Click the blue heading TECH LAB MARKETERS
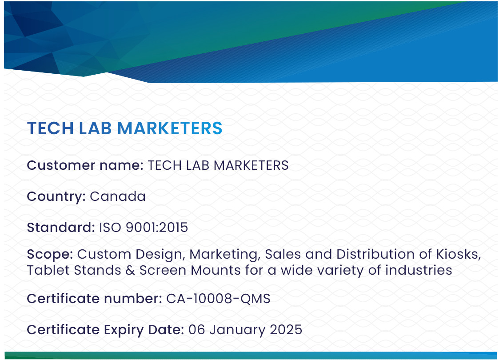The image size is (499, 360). [124, 128]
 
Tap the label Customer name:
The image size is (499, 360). [85, 165]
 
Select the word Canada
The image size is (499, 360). [118, 196]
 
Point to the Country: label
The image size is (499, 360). [56, 196]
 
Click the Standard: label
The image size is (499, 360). [61, 228]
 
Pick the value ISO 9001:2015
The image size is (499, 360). [144, 228]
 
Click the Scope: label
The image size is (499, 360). [50, 254]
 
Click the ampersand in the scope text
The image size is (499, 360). [130, 270]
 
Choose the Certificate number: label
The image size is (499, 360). [94, 299]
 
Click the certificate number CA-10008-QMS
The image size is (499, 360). [218, 299]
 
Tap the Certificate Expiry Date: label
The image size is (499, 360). [105, 330]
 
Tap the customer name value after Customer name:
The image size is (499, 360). [218, 165]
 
